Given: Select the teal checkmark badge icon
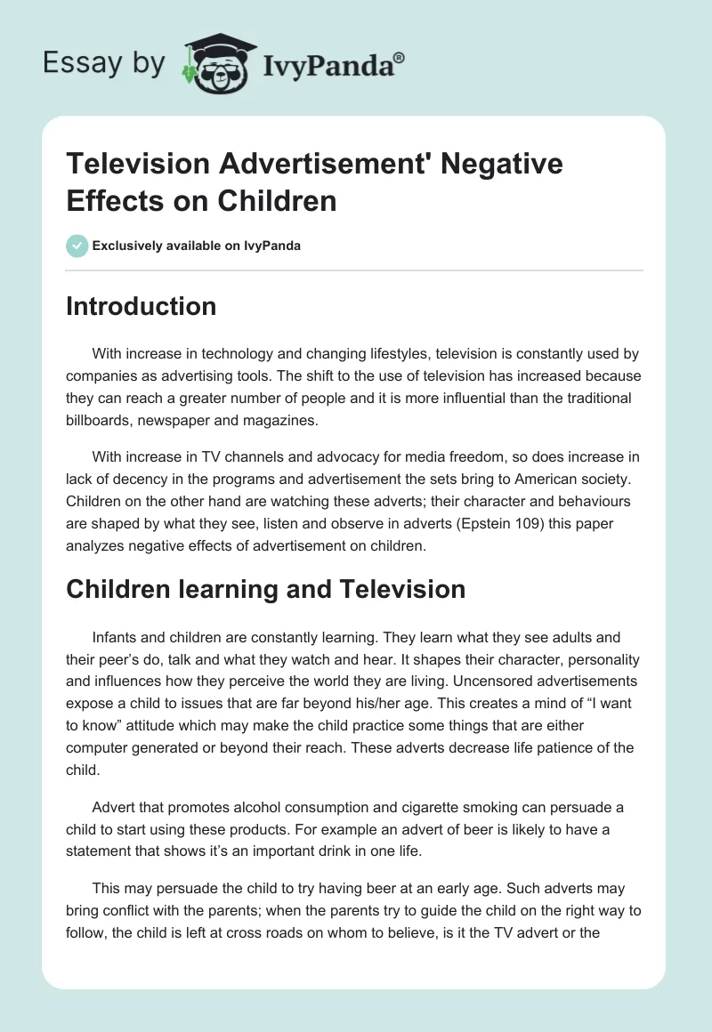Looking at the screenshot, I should point(77,246).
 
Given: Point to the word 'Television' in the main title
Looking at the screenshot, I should point(142,165).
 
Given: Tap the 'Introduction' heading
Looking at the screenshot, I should point(142,306).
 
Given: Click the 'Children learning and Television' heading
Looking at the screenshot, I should point(266,588).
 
